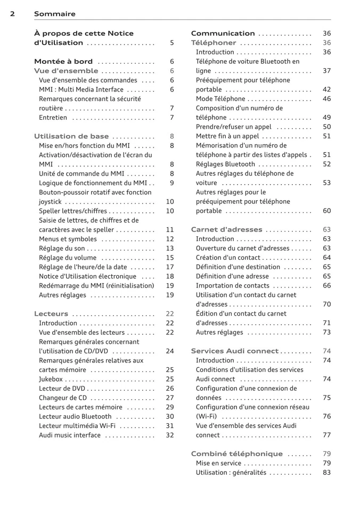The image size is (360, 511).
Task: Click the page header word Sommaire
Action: tap(54, 14)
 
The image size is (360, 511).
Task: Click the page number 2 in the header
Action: tap(12, 14)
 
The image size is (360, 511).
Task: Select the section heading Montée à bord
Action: tap(63, 62)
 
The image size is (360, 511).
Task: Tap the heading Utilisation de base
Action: tap(71, 136)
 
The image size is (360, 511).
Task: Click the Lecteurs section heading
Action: tap(51, 314)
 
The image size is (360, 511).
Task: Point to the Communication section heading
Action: tap(223, 34)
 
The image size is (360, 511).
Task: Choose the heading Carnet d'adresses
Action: tap(226, 230)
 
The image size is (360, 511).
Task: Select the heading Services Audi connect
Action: tap(235, 351)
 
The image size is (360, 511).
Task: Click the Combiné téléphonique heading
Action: tap(237, 454)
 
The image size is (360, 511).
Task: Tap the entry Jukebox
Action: tap(51, 380)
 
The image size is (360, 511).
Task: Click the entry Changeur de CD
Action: tap(62, 398)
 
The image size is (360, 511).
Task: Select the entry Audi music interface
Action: tap(70, 435)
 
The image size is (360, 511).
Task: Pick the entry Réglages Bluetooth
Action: tap(225, 164)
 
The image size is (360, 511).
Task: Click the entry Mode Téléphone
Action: tap(220, 99)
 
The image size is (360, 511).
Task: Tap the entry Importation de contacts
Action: tap(233, 286)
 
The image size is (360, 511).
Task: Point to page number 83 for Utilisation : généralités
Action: tap(326, 473)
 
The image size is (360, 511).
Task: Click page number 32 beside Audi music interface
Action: tap(170, 435)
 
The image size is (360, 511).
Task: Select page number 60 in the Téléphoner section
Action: tap(326, 211)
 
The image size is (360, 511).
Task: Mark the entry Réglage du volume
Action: tap(68, 258)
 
